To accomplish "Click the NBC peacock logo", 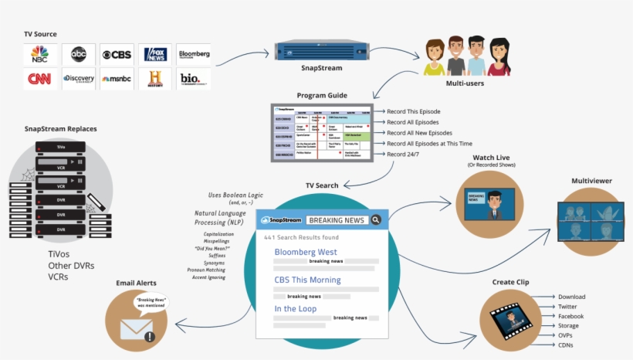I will pos(39,54).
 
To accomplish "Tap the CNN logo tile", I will pos(39,79).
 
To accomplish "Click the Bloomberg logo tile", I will pos(194,55).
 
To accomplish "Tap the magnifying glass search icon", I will pos(376,220).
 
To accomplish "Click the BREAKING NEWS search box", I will pos(337,220).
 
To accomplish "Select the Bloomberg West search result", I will pos(306,252).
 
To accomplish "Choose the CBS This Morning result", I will pos(308,280).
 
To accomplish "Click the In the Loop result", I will pos(296,308).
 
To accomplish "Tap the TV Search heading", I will pos(322,186).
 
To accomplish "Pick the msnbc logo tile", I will pos(116,79).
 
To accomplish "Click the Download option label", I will pos(572,297).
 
